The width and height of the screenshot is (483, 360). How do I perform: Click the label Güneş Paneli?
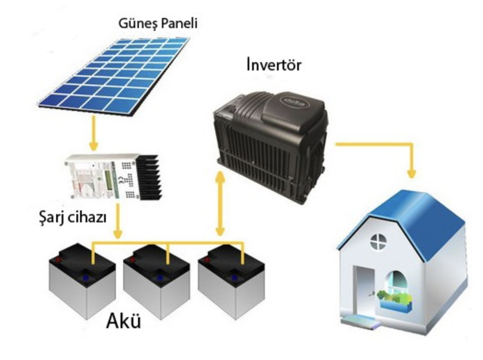158,22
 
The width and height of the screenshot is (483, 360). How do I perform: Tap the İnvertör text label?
274,65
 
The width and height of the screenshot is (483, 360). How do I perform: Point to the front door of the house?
363,290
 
